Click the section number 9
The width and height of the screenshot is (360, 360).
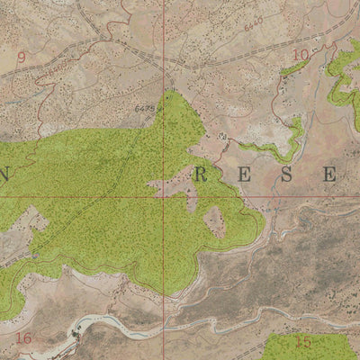21,56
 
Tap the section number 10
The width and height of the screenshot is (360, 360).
300,55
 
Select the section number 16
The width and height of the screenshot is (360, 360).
23,337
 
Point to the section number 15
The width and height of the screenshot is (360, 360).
302,342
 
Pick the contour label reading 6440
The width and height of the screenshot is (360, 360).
253,19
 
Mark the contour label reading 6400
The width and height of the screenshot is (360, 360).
58,66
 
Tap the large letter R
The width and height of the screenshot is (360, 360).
200,175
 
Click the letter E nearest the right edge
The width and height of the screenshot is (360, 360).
329,175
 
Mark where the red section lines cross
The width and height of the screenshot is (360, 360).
163,195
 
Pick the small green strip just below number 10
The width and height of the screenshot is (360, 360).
292,68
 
